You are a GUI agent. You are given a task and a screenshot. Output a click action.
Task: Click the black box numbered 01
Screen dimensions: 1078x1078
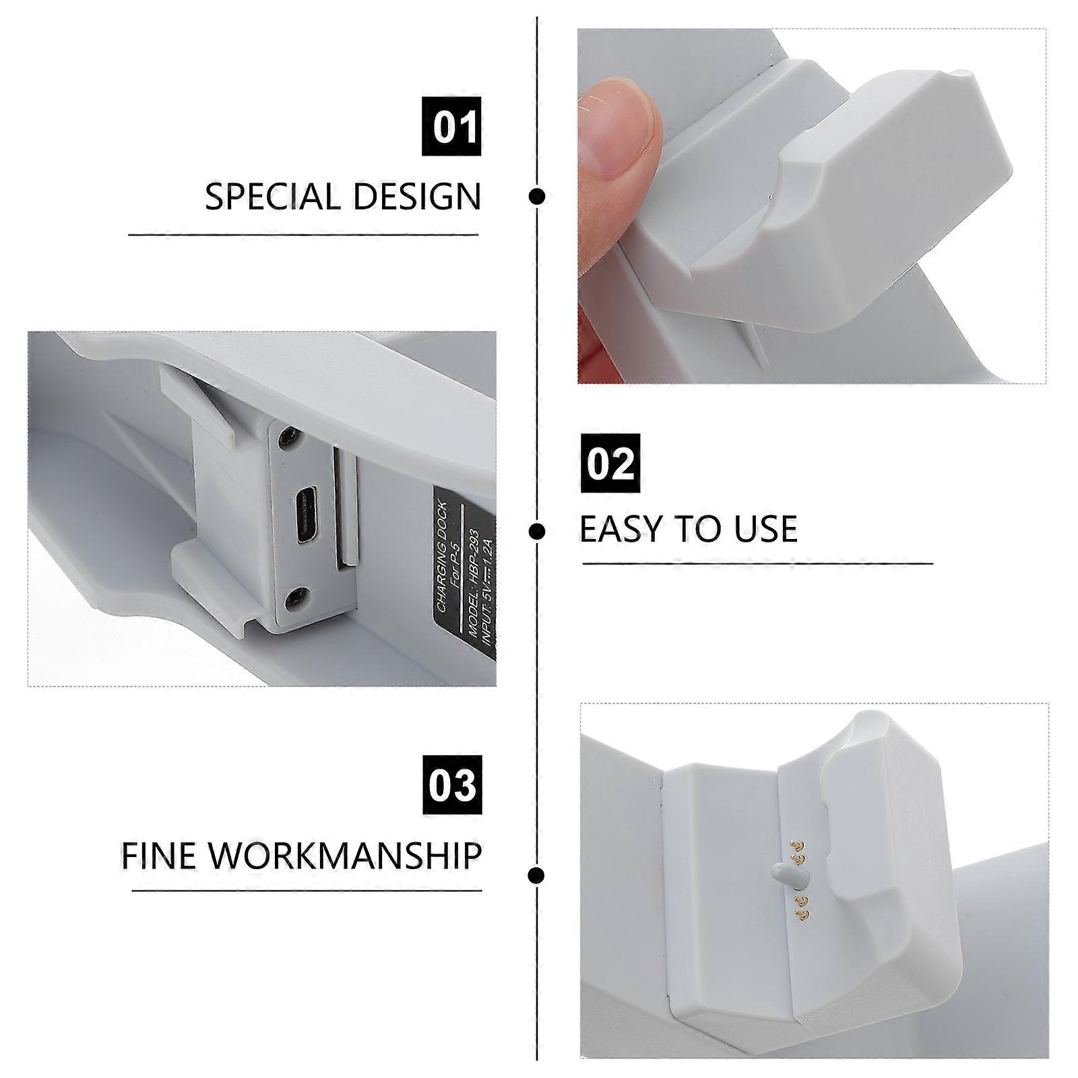pyautogui.click(x=451, y=126)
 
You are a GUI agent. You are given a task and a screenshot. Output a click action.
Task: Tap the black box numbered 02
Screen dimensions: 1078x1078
pyautogui.click(x=610, y=463)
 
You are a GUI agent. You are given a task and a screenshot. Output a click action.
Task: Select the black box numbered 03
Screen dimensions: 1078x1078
pyautogui.click(x=452, y=785)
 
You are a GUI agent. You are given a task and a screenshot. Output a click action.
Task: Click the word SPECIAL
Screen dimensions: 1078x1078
pyautogui.click(x=273, y=197)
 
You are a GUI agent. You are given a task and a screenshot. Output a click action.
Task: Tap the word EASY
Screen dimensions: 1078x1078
pyautogui.click(x=627, y=529)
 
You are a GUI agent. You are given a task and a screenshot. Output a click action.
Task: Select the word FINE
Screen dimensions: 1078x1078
pyautogui.click(x=158, y=855)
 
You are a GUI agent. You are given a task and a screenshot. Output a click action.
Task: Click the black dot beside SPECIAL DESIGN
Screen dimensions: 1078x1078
pyautogui.click(x=537, y=197)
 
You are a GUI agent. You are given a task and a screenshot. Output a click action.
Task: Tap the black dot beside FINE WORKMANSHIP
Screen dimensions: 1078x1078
pyautogui.click(x=537, y=876)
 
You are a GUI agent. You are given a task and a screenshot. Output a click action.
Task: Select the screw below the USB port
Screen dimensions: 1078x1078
pyautogui.click(x=296, y=598)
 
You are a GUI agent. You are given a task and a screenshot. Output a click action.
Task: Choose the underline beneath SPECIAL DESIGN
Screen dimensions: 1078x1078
pyautogui.click(x=303, y=235)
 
